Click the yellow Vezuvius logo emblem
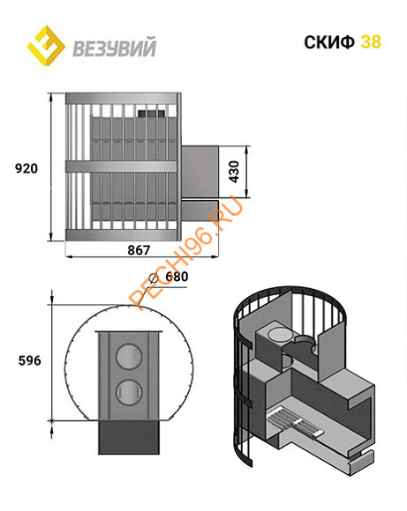click(46, 45)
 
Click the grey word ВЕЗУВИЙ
click(114, 48)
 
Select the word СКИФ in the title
click(329, 42)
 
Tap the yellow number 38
click(371, 42)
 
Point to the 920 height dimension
click(26, 168)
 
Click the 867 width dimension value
click(139, 250)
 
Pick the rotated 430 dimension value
click(234, 172)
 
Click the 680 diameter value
click(177, 277)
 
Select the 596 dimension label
click(30, 360)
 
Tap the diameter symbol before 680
click(154, 278)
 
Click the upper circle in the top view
click(129, 357)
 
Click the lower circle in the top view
click(129, 392)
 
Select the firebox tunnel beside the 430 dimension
click(200, 172)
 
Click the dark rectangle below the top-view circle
click(129, 437)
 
